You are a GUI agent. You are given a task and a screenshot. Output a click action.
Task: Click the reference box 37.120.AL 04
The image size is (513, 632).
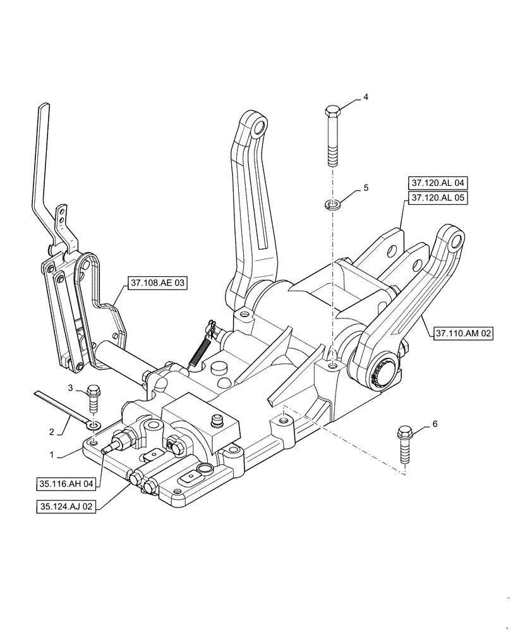[437, 183]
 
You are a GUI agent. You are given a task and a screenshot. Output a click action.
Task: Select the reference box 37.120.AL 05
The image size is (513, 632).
[437, 198]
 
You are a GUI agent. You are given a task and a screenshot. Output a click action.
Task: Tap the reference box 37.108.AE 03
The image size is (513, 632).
[157, 284]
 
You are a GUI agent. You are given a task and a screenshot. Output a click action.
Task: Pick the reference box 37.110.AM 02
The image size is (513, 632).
[463, 332]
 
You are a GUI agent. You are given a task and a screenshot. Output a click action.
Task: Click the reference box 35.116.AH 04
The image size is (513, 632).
[66, 484]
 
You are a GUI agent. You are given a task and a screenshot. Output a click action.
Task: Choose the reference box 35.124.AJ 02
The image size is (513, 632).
[66, 506]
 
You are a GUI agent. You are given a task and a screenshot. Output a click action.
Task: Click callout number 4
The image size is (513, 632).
[365, 97]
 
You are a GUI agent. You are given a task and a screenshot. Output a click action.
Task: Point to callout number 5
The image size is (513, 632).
[365, 188]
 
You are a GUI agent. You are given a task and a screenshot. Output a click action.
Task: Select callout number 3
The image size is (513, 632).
[71, 387]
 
